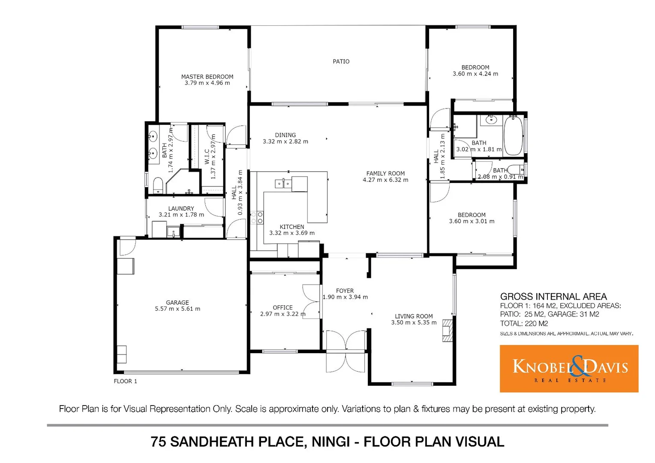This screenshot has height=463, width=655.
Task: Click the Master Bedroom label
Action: coord(207,77)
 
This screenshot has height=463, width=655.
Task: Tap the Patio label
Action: coord(341,62)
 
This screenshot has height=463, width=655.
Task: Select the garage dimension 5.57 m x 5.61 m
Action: coord(177,309)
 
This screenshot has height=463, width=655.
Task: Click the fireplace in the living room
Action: coord(447,330)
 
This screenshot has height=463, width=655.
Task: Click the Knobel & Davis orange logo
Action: coord(569,368)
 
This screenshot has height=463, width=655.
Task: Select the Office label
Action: coord(282,307)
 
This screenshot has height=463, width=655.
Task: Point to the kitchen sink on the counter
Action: coord(282,184)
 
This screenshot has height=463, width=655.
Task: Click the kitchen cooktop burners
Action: coord(257,217)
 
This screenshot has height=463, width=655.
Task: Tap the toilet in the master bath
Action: coord(158,185)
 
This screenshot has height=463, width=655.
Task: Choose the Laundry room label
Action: coord(181,208)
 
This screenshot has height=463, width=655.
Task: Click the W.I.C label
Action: coord(207,156)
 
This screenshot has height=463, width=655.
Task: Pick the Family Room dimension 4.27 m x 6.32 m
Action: coord(385,180)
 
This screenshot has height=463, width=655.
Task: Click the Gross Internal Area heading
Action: coord(553,297)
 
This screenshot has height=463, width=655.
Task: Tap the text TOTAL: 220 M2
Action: coord(524,324)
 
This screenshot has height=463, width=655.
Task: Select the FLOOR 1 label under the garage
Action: coord(125,381)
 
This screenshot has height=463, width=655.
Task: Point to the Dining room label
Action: coord(285,135)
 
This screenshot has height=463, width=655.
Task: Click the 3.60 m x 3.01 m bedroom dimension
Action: coord(472,222)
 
